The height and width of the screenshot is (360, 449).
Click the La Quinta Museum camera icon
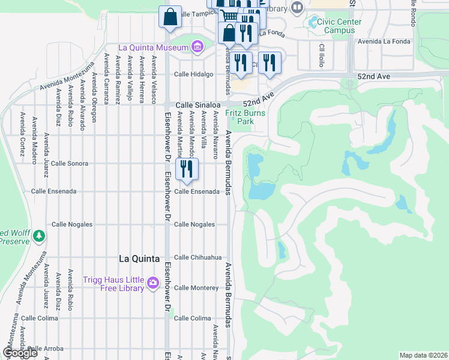click(x=197, y=47)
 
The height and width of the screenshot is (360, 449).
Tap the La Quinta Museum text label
click(x=153, y=47)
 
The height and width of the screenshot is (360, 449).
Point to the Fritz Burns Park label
click(x=240, y=117)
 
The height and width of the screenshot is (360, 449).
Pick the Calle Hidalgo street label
click(x=193, y=74)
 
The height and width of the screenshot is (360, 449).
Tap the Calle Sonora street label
click(x=70, y=163)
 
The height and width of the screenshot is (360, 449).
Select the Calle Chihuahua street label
click(x=194, y=257)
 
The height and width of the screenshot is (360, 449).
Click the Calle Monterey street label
click(x=196, y=288)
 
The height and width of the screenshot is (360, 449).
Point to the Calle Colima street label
click(x=192, y=318)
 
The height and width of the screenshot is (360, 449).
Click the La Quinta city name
click(x=139, y=259)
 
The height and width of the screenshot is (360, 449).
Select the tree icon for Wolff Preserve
click(x=39, y=235)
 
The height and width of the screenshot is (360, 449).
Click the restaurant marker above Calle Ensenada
click(x=187, y=170)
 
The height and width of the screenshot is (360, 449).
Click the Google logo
click(x=20, y=353)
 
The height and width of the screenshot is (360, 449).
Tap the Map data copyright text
click(x=423, y=355)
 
